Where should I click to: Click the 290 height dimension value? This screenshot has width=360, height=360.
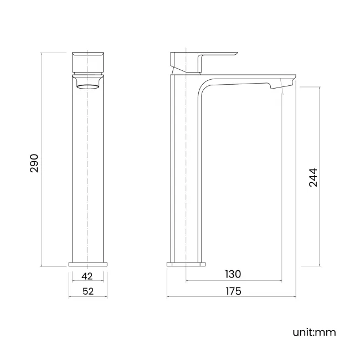tap(34, 163)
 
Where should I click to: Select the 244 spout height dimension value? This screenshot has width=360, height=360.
tap(313, 177)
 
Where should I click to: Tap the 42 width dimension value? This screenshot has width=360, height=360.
tap(88, 275)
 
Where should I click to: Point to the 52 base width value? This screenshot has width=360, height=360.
tap(88, 291)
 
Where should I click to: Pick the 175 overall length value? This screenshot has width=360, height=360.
tap(233, 291)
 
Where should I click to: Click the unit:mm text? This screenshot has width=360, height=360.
tap(314, 332)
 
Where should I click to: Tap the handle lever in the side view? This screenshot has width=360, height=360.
tap(219, 55)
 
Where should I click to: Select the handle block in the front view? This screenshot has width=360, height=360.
tap(88, 63)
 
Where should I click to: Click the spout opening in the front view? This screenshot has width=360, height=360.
tap(88, 84)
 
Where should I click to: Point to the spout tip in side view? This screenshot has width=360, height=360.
tap(282, 83)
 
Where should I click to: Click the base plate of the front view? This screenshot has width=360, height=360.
tap(88, 264)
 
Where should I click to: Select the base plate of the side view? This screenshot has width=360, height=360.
tap(186, 264)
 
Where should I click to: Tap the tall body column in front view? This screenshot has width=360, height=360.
tap(88, 172)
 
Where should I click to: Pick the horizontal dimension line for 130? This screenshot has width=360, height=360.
tap(260, 281)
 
